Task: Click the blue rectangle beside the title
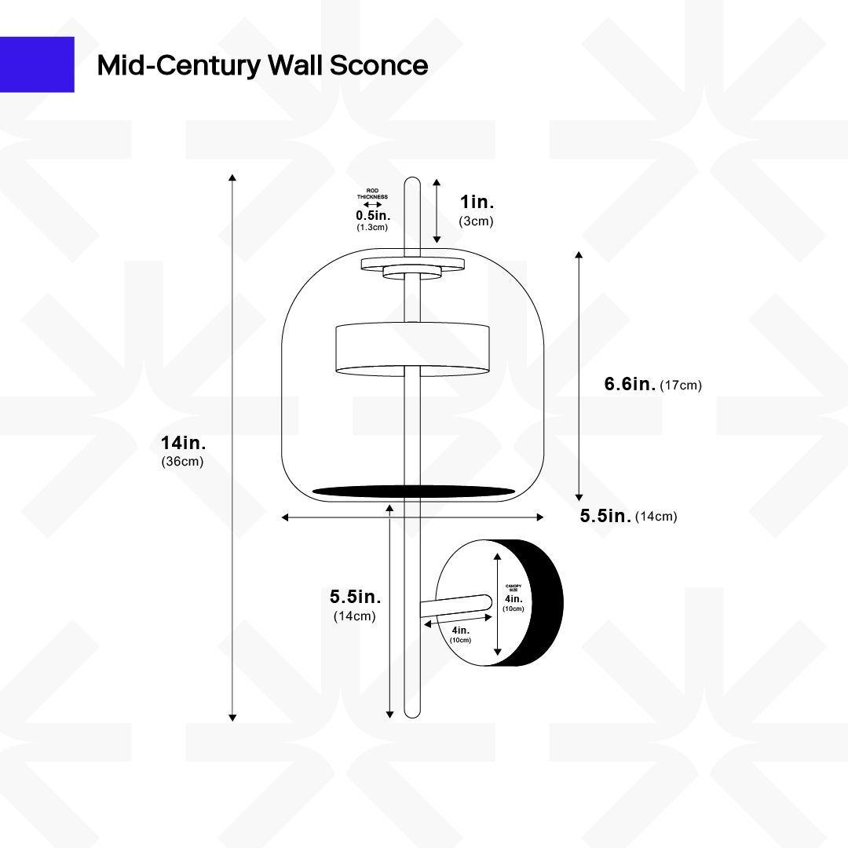tap(37, 64)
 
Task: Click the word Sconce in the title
tap(378, 65)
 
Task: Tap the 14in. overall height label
tap(183, 444)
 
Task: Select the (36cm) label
tap(183, 462)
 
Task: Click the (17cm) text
tap(681, 385)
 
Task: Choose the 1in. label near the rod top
tap(477, 202)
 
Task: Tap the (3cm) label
tap(477, 221)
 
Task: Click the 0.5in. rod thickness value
tap(373, 215)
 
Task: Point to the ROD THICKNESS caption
tap(372, 195)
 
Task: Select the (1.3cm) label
tap(372, 227)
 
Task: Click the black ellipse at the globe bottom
tap(414, 492)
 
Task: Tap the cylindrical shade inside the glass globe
tap(414, 348)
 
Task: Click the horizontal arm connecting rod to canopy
tap(455, 605)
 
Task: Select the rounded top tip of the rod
tap(412, 183)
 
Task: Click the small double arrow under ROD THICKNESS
tap(372, 205)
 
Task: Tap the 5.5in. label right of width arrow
tap(605, 516)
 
